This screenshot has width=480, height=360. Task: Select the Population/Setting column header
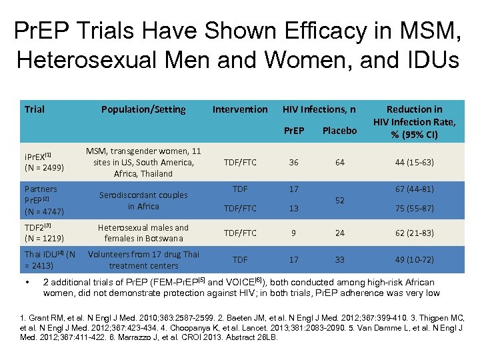(143, 109)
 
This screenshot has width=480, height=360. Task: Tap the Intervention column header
(240, 109)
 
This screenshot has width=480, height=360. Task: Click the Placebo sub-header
(339, 131)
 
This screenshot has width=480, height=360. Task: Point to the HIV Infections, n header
(319, 109)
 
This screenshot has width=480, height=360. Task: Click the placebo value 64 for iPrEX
(340, 162)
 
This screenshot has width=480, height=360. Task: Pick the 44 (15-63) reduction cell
(414, 162)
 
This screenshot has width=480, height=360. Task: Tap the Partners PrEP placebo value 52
(340, 199)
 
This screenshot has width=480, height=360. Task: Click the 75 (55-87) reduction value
(414, 208)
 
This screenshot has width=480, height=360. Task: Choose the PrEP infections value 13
(294, 208)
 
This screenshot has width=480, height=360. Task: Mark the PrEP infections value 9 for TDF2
(294, 233)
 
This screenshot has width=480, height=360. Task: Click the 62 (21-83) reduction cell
(414, 233)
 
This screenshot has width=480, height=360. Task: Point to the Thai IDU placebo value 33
(340, 260)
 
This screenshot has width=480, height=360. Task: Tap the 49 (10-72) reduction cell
(414, 260)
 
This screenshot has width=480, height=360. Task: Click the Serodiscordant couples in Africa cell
(143, 200)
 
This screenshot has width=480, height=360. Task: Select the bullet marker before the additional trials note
(27, 282)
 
